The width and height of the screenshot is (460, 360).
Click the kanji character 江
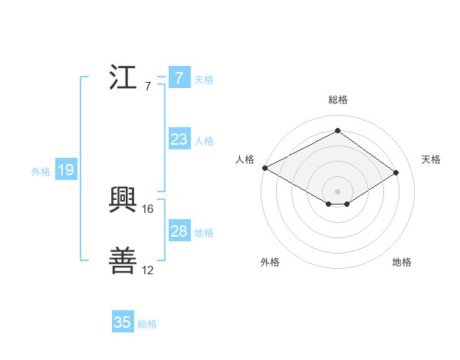tap(124, 79)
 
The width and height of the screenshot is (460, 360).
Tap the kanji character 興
tap(124, 201)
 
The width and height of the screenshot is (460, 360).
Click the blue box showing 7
tap(179, 78)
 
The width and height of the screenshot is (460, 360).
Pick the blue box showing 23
tap(179, 139)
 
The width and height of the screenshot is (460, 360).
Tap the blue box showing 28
tap(179, 231)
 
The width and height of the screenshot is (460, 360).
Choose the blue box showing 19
tap(65, 170)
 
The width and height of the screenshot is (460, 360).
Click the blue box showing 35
tap(123, 322)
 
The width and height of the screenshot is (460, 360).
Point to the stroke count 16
tap(149, 208)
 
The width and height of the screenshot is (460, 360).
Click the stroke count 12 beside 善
tap(148, 270)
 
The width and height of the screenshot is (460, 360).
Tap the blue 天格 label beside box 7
tap(203, 80)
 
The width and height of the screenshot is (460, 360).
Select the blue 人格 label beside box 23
tap(203, 141)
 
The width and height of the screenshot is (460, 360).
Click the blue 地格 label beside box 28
tap(203, 233)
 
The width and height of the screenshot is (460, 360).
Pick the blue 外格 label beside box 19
tap(41, 172)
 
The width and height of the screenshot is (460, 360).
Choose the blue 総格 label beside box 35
tap(147, 324)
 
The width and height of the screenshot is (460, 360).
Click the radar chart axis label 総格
tap(337, 100)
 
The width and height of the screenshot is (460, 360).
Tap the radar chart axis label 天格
tap(431, 159)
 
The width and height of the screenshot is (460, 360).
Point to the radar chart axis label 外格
tap(270, 262)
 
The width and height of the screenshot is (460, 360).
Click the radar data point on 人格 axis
tap(264, 168)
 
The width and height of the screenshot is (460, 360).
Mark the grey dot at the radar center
tap(337, 190)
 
